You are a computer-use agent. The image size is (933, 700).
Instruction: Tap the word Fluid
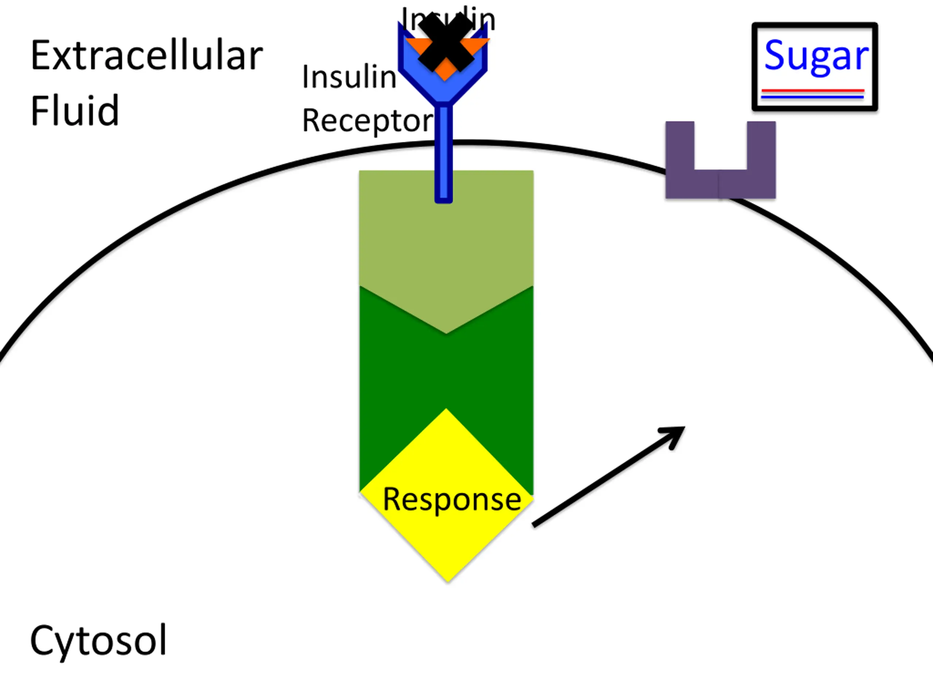click(75, 110)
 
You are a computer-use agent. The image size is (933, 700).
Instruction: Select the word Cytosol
click(98, 640)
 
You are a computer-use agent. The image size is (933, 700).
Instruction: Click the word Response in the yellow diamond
click(452, 499)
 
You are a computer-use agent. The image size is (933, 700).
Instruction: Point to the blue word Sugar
click(816, 56)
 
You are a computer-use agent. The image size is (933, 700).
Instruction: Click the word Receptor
click(367, 121)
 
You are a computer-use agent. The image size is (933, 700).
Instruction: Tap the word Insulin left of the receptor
click(349, 77)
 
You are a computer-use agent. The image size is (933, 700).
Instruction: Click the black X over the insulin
click(445, 42)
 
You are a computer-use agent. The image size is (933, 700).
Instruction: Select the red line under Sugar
click(813, 90)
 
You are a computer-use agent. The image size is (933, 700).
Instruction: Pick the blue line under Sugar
click(813, 97)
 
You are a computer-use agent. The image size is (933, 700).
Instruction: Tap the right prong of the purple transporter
click(761, 145)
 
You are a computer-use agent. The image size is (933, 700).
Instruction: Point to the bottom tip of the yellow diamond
click(448, 579)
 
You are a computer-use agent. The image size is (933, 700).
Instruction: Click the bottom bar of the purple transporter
click(721, 184)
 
